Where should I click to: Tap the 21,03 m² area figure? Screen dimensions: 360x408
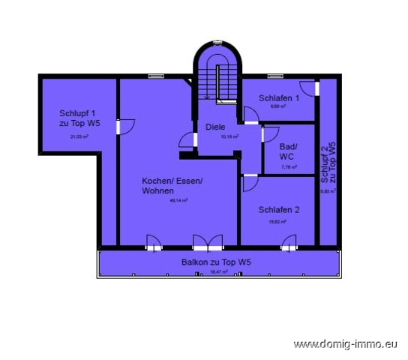tap(79, 136)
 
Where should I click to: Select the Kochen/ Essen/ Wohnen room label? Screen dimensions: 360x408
tap(172, 186)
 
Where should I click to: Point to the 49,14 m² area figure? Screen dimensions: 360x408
tap(178, 201)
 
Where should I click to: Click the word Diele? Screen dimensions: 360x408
tap(215, 127)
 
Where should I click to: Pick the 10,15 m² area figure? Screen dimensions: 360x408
tap(229, 137)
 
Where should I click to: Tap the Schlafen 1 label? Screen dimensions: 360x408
tap(279, 98)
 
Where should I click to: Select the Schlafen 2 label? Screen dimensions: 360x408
tap(279, 209)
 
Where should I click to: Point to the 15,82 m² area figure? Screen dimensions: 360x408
tap(277, 222)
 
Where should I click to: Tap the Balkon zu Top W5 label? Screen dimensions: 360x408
tap(216, 262)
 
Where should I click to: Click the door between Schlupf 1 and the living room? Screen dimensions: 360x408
tap(120, 126)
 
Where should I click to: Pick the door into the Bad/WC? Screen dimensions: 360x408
tap(263, 134)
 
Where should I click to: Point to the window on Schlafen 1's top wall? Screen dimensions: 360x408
tap(276, 75)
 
